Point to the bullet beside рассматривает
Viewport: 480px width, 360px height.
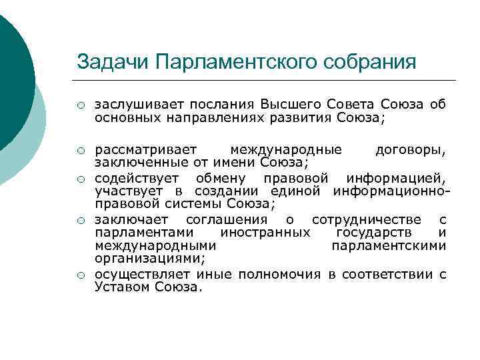[80, 150]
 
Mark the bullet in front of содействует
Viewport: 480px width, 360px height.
[80, 179]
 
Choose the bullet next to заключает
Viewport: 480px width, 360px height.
[80, 220]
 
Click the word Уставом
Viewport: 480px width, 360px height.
[123, 287]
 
